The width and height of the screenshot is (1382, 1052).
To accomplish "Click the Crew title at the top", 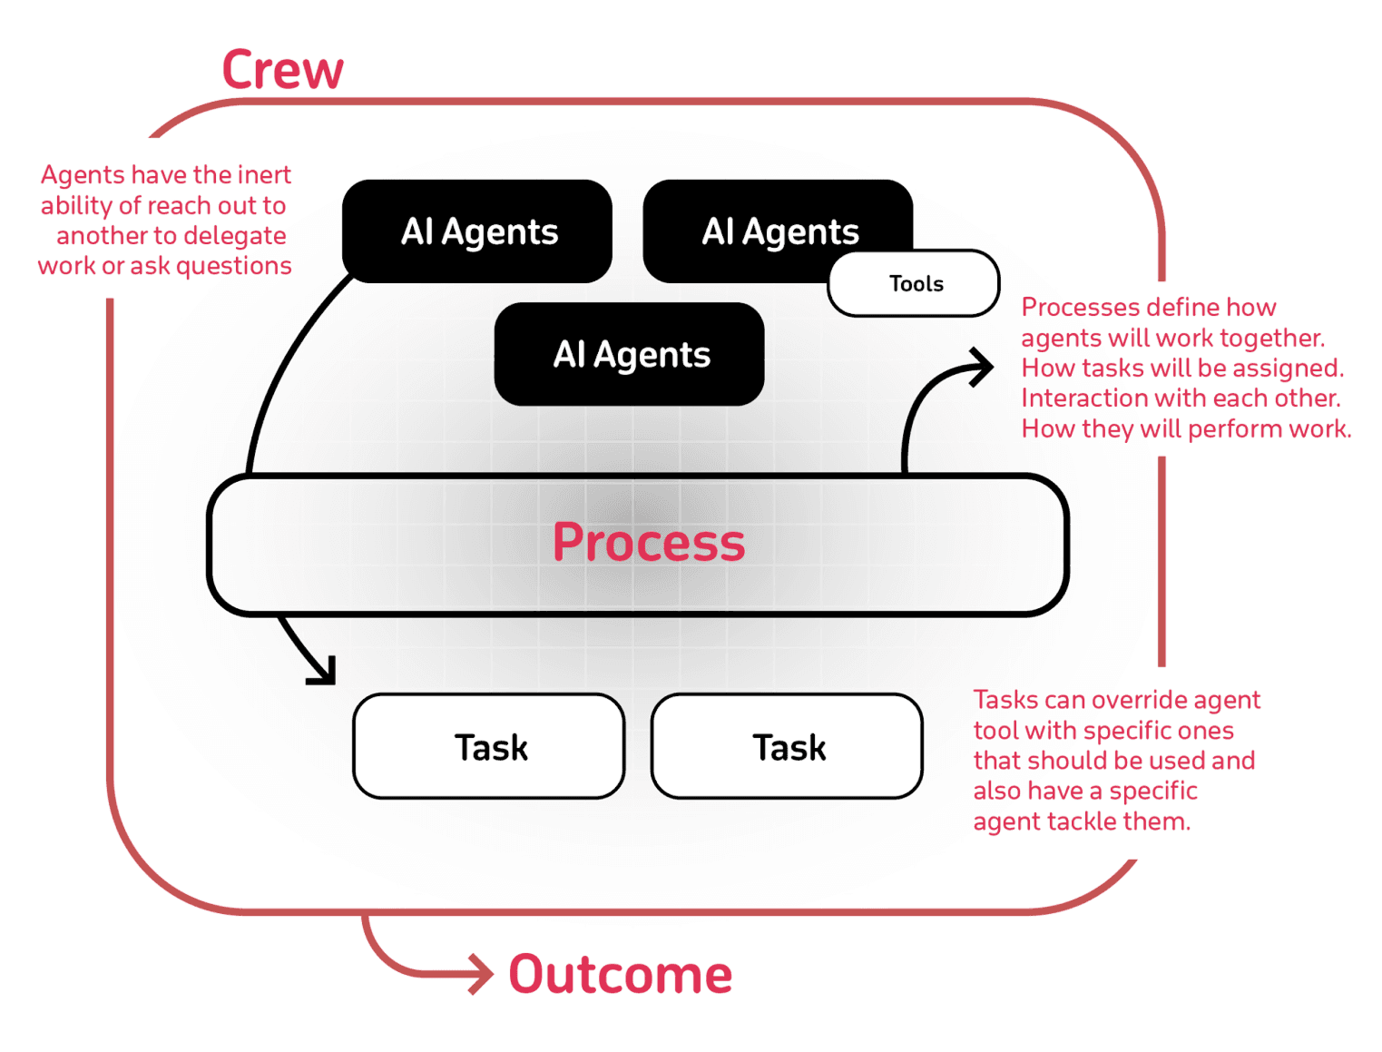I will click(282, 70).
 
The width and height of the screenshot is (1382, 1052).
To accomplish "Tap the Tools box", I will click(915, 284).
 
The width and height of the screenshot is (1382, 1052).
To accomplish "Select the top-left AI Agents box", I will click(478, 231).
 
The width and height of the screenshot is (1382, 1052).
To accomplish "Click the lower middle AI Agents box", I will click(631, 355).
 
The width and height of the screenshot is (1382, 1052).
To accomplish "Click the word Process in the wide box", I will click(648, 543).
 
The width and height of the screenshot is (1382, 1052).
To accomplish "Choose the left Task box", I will click(490, 747).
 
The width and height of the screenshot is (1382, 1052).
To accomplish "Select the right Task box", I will click(788, 747).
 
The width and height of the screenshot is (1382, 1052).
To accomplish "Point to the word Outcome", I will click(620, 975).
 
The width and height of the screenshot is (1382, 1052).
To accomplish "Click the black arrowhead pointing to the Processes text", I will click(984, 367).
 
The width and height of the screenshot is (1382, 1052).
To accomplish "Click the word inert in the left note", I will click(264, 174).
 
